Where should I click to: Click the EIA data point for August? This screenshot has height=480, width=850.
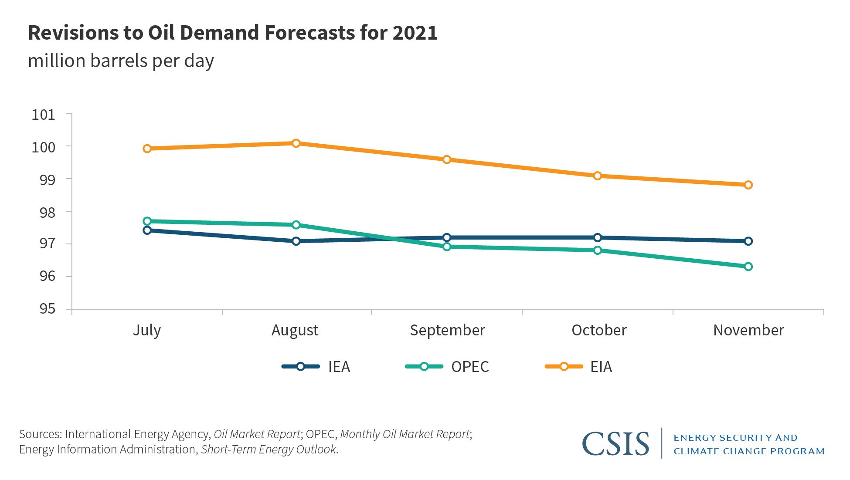point(296,143)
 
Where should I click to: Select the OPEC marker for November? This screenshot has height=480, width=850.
point(748,267)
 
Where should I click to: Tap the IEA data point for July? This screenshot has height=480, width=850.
point(147,230)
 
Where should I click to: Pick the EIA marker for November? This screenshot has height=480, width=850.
point(748,185)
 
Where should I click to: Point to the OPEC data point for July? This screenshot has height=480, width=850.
point(147,221)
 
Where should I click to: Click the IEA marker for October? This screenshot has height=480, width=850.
point(598,237)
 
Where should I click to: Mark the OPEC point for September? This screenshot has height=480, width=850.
point(447,247)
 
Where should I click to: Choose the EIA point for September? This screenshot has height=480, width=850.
point(447,160)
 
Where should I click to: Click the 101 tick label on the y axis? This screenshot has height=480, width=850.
point(44,115)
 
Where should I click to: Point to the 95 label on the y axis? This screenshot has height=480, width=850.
point(48,309)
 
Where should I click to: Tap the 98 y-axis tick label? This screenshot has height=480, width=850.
point(48,213)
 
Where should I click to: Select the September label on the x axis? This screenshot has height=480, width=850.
point(447,330)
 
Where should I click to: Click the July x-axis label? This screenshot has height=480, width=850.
point(147,331)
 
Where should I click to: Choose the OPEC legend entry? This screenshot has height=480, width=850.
point(447,367)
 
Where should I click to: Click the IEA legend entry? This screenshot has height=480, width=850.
point(316,367)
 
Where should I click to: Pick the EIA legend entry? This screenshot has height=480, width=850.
point(578,367)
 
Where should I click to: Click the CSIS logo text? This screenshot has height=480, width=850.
point(615,444)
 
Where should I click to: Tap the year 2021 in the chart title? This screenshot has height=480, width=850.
point(415,33)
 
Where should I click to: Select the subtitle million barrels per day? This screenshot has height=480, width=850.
point(121,61)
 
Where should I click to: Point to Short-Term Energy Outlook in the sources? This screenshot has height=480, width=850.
point(269,450)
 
